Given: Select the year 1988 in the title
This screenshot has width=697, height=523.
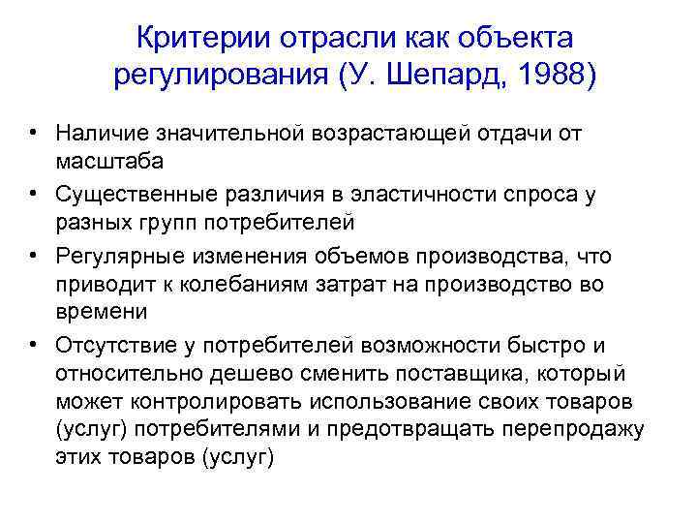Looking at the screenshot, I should (543, 75).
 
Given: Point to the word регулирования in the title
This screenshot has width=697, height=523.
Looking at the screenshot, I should (220, 75).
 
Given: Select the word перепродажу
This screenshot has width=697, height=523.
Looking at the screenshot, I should (573, 428).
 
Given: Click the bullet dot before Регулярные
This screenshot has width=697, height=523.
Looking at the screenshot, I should (33, 255).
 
